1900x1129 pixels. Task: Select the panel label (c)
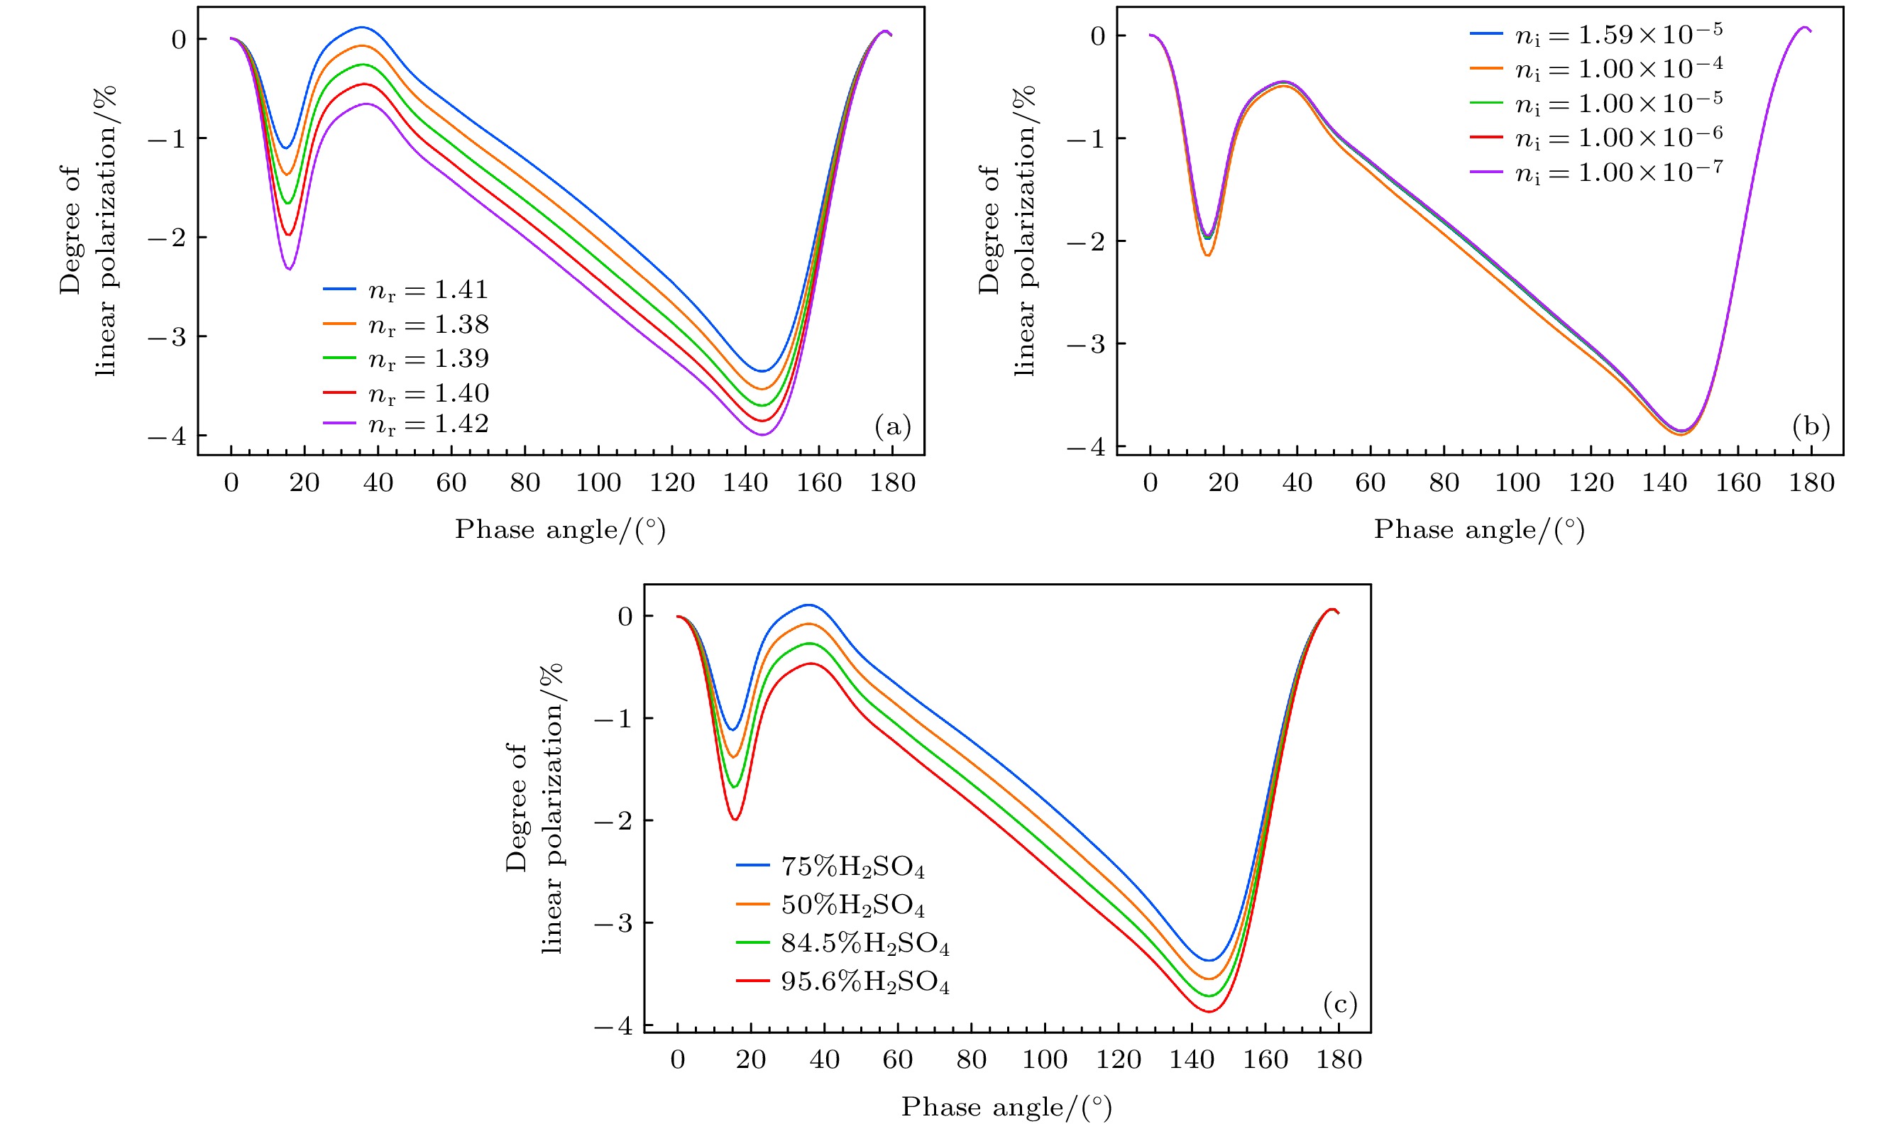(x=1340, y=1004)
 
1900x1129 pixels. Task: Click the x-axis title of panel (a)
(x=560, y=529)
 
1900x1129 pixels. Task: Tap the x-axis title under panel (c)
(x=1006, y=1107)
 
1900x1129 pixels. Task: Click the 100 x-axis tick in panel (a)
(x=598, y=483)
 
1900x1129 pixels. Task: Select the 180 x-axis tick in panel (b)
(x=1812, y=483)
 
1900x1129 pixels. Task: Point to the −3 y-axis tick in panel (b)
(x=1086, y=344)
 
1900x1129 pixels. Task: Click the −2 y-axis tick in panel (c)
(x=613, y=820)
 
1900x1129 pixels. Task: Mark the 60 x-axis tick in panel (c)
(x=898, y=1059)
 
